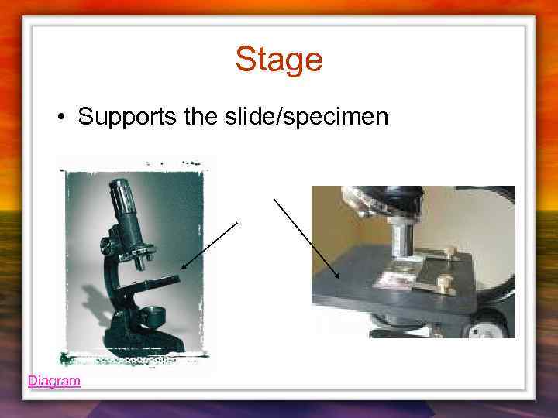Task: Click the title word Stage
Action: pyautogui.click(x=278, y=59)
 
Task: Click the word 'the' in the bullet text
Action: pyautogui.click(x=203, y=117)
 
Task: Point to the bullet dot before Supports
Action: pyautogui.click(x=60, y=118)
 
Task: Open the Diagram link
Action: pyautogui.click(x=53, y=381)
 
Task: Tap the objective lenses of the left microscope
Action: pyautogui.click(x=140, y=259)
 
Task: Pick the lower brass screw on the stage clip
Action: pyautogui.click(x=444, y=284)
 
